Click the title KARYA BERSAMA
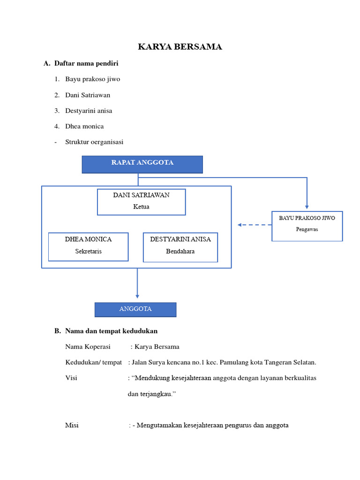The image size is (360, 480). pyautogui.click(x=180, y=47)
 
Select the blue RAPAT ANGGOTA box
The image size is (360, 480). pyautogui.click(x=142, y=164)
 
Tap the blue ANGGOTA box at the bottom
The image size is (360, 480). pyautogui.click(x=135, y=309)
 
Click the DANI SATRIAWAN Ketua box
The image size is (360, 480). pyautogui.click(x=141, y=202)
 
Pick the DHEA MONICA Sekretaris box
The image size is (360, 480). pyautogui.click(x=88, y=247)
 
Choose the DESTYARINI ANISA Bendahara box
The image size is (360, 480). pyautogui.click(x=180, y=247)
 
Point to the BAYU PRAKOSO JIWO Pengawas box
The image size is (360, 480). pyautogui.click(x=307, y=225)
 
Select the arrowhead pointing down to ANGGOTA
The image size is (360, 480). pyautogui.click(x=137, y=295)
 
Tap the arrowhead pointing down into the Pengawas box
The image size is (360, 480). pyautogui.click(x=307, y=206)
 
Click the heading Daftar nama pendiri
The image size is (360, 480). pyautogui.click(x=86, y=63)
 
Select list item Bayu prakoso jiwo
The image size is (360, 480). pyautogui.click(x=92, y=79)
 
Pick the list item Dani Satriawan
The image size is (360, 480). pyautogui.click(x=88, y=95)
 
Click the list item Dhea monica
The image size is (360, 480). pyautogui.click(x=84, y=127)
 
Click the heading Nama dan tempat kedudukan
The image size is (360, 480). pyautogui.click(x=111, y=331)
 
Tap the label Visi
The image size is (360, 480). pyautogui.click(x=71, y=378)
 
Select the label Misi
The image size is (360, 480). pyautogui.click(x=72, y=426)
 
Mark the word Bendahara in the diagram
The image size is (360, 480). pyautogui.click(x=180, y=252)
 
